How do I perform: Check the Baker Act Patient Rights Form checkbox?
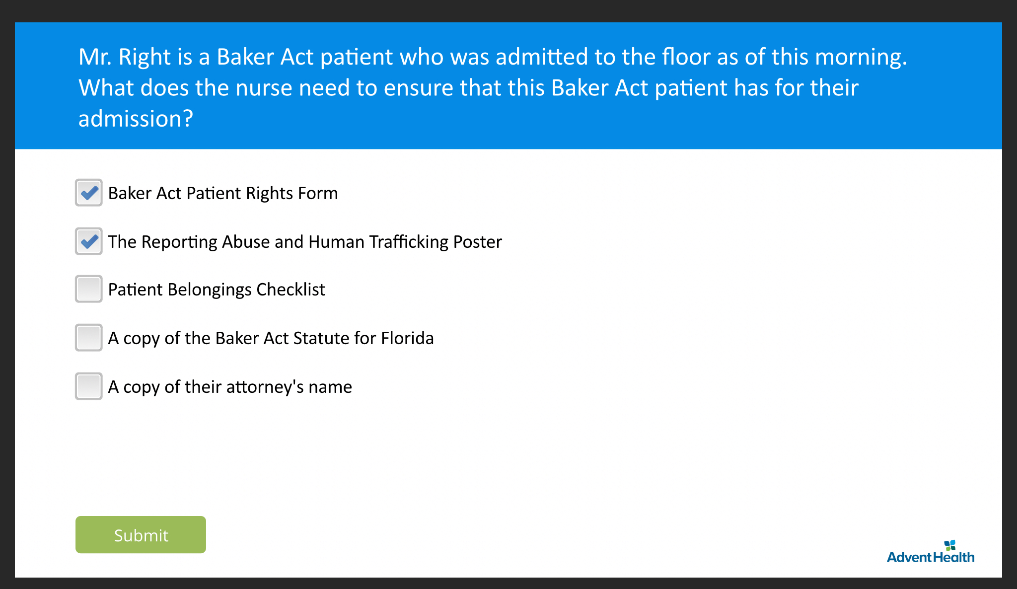click(89, 193)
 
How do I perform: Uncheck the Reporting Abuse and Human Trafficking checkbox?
click(89, 241)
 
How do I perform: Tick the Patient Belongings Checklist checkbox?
click(89, 289)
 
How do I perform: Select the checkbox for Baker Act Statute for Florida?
click(89, 338)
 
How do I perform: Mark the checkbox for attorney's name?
click(89, 386)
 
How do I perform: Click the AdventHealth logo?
click(930, 552)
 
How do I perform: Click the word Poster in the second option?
click(477, 242)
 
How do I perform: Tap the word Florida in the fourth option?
click(407, 338)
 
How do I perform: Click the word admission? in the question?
click(135, 119)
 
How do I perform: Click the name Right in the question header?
click(145, 57)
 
